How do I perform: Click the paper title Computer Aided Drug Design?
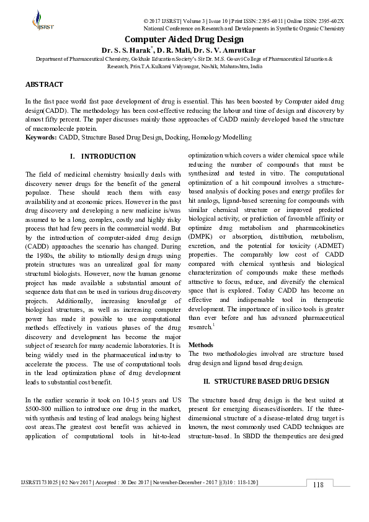coord(184,39)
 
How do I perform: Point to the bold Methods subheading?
coord(201,345)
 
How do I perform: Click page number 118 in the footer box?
coord(318,485)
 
